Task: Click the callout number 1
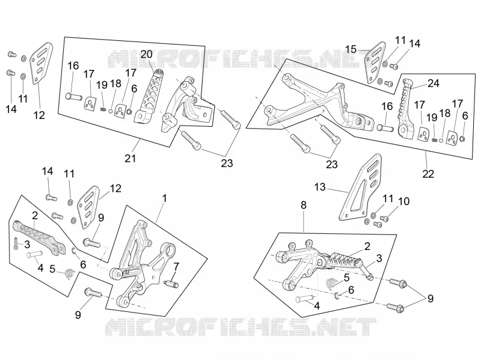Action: (x=165, y=198)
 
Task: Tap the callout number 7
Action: (x=176, y=267)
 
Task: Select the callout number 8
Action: (x=304, y=205)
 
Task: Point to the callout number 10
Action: (x=403, y=201)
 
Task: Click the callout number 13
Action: (x=320, y=187)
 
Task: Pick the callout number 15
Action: (x=351, y=49)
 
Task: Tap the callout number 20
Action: (x=146, y=54)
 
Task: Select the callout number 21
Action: (x=130, y=159)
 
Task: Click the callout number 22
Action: (x=428, y=174)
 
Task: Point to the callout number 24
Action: (x=434, y=83)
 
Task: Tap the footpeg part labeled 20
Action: (x=149, y=96)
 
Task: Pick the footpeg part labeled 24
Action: (x=406, y=108)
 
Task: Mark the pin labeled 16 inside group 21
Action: (x=74, y=97)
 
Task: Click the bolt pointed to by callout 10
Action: (x=384, y=219)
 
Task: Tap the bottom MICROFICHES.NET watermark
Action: (x=241, y=327)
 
